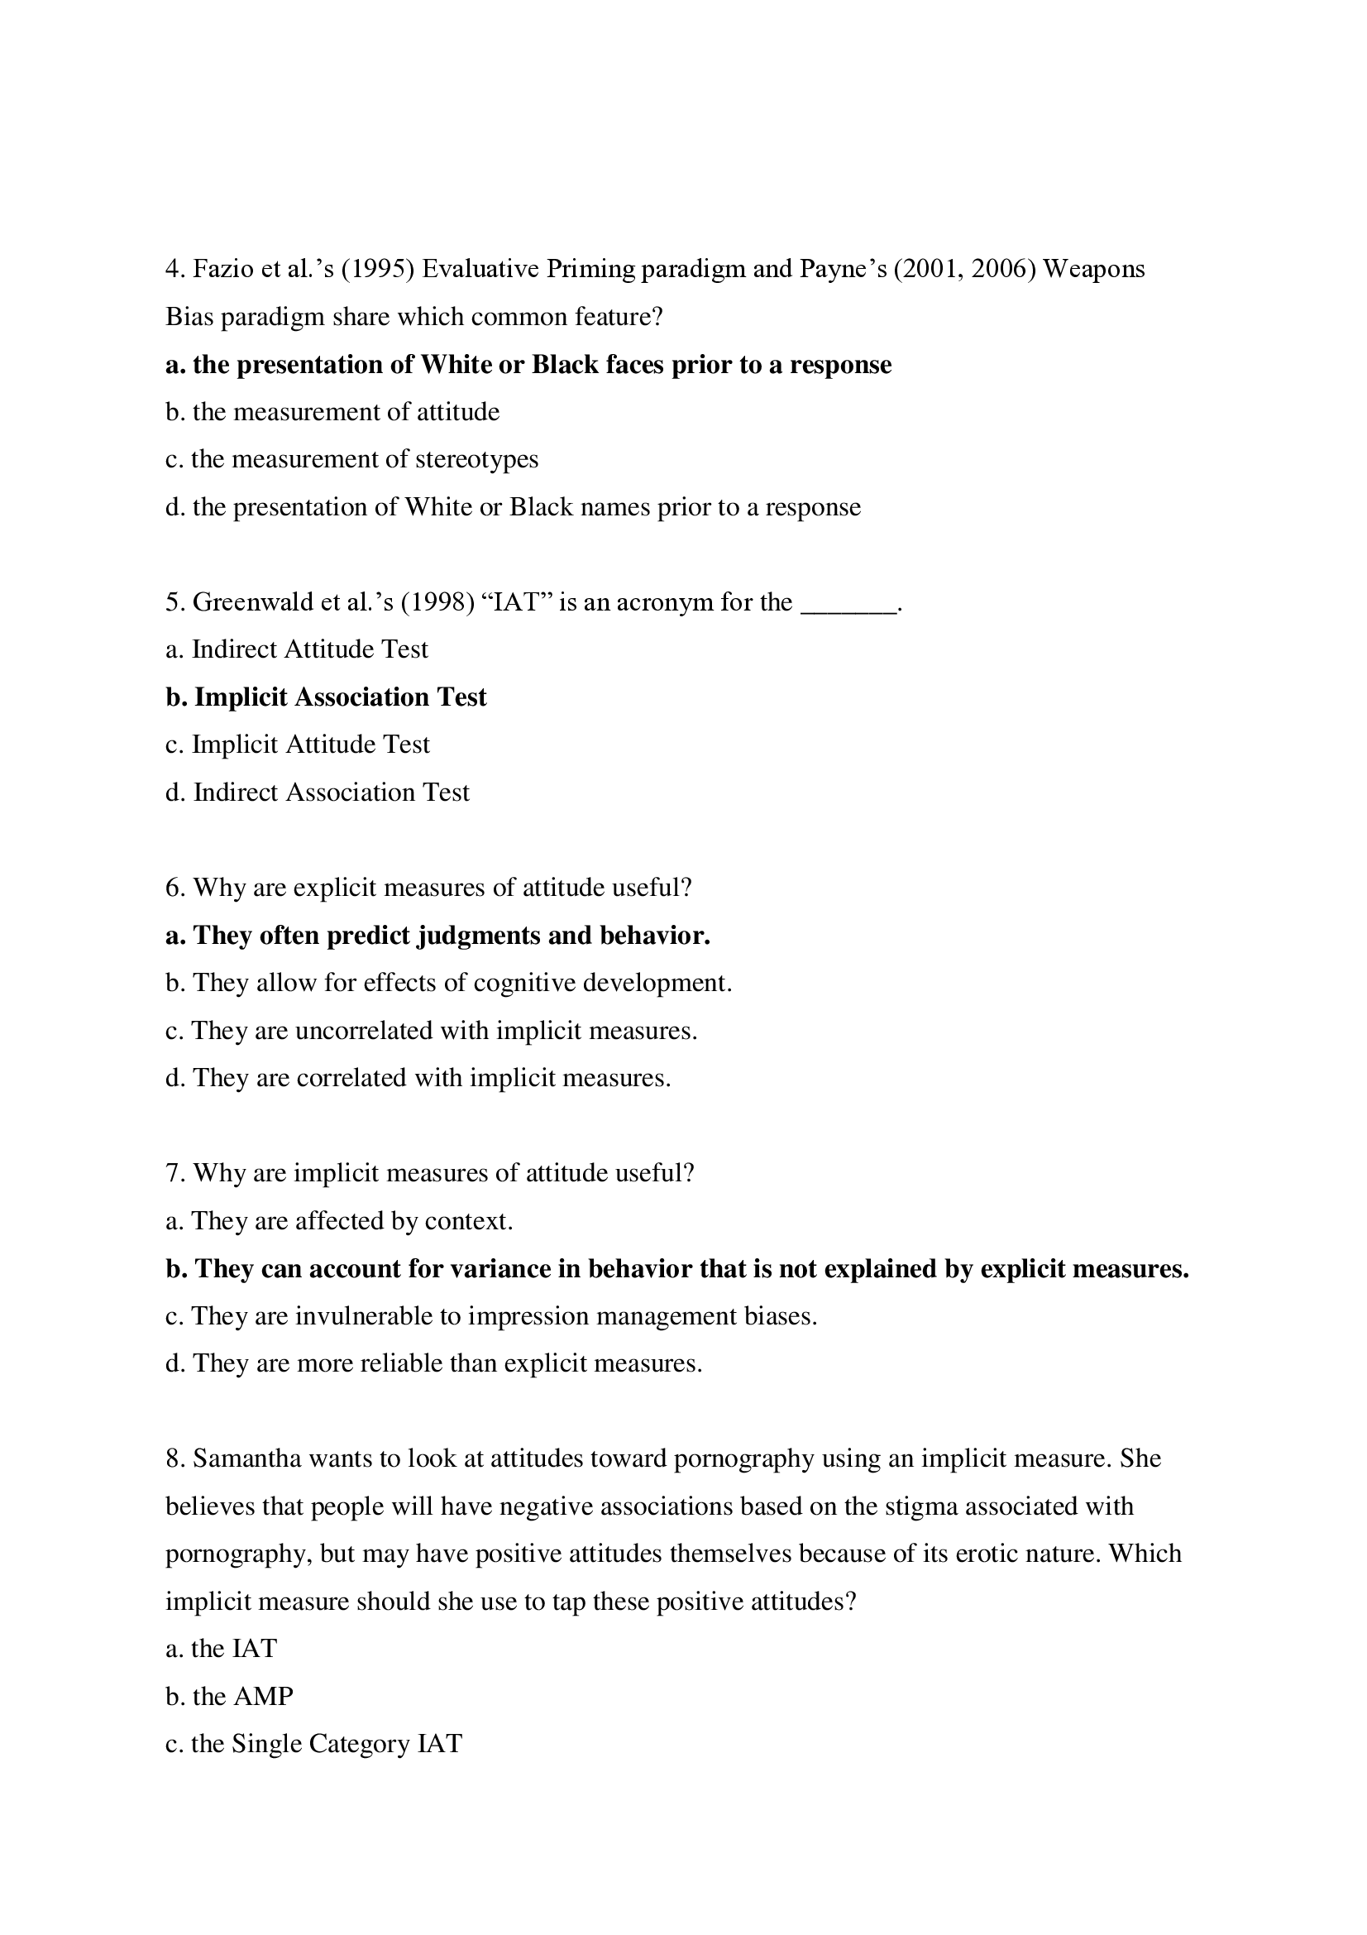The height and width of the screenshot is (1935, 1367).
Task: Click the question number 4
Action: tap(174, 269)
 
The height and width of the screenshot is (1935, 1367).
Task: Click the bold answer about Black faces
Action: tap(528, 364)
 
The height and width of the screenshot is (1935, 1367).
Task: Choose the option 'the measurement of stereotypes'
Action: tap(351, 459)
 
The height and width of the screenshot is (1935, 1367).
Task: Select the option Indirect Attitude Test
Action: tap(297, 649)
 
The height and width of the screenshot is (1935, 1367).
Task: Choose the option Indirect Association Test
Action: tap(318, 793)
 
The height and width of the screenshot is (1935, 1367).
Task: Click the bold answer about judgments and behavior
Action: tap(438, 936)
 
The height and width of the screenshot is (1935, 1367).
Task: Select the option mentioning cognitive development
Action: tap(448, 983)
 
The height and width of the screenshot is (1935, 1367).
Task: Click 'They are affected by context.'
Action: tap(338, 1221)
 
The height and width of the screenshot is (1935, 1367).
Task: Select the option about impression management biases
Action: tap(491, 1316)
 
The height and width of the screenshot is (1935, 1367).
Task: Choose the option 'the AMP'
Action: tap(229, 1697)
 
